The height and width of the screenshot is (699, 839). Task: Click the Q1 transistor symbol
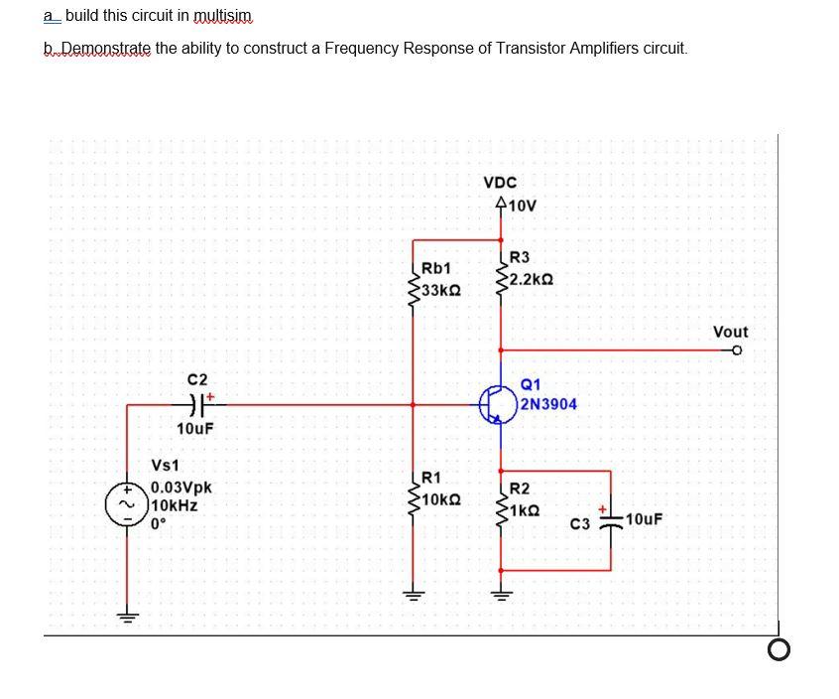pos(497,404)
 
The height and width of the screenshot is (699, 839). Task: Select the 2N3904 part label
pos(548,404)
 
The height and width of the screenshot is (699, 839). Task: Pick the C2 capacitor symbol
pos(197,404)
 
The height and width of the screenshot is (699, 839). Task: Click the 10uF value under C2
pos(195,428)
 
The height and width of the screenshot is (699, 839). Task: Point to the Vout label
pos(731,332)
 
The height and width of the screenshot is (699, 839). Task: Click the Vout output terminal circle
pos(736,349)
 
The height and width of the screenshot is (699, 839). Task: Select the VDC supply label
pos(500,183)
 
